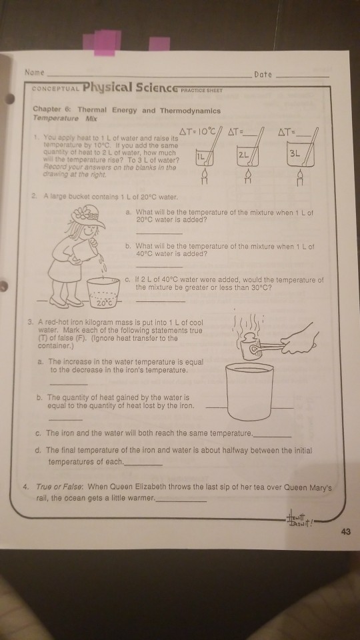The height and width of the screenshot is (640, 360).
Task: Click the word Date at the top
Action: point(263,75)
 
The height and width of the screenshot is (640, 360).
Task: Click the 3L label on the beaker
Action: point(296,153)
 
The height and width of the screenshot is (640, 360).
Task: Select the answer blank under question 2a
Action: point(159,233)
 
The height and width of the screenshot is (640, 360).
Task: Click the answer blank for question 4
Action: point(181,499)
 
